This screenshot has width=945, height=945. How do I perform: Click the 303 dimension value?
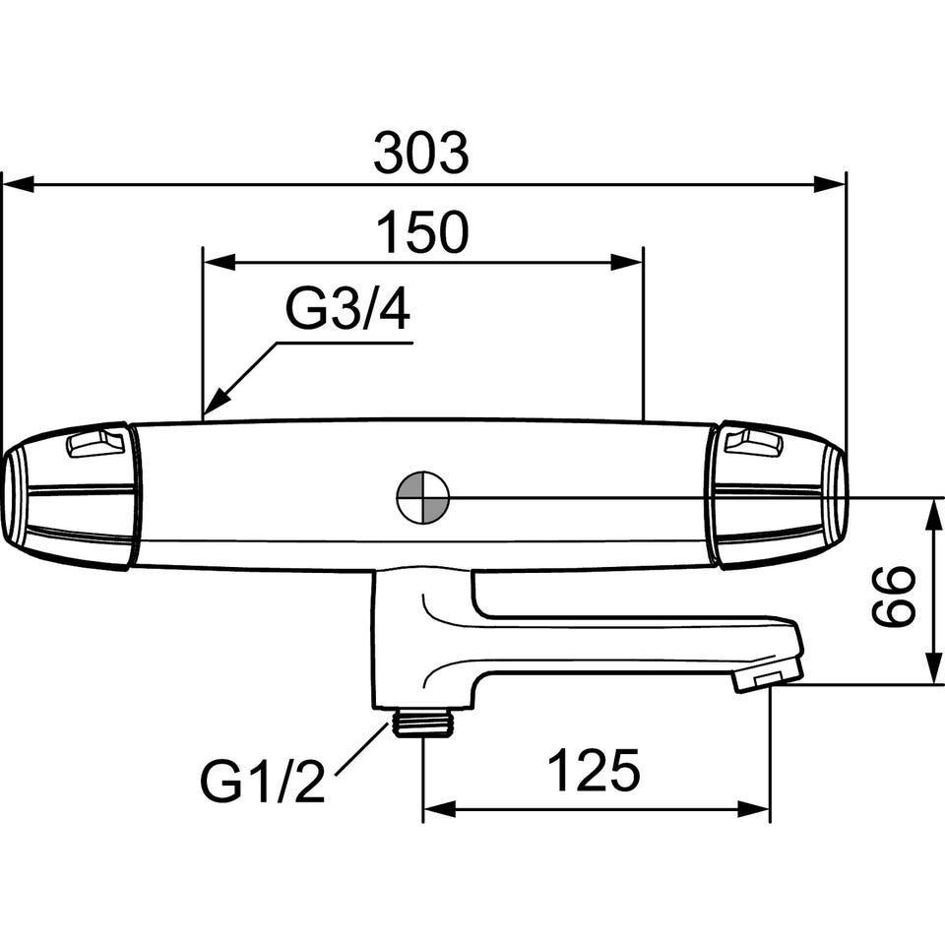(x=420, y=153)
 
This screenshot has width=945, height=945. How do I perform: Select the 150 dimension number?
(x=422, y=232)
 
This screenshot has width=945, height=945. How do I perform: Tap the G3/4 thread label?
(x=347, y=309)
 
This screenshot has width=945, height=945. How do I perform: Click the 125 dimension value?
(x=594, y=770)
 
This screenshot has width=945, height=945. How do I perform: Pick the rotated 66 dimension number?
(x=893, y=595)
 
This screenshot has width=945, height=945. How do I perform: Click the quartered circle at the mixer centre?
(x=423, y=498)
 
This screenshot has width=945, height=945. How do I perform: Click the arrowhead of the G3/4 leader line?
(x=217, y=402)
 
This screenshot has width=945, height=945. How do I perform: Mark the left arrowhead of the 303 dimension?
(x=19, y=184)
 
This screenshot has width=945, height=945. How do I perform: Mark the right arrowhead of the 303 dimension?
(x=829, y=184)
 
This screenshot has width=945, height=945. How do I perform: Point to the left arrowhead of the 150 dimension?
(x=219, y=262)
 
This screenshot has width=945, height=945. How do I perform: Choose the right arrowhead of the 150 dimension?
(x=627, y=262)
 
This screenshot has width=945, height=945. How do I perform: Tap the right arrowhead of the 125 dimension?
(x=753, y=809)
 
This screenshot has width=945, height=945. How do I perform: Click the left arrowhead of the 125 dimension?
(x=439, y=809)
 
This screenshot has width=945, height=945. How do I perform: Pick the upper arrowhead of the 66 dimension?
(x=933, y=514)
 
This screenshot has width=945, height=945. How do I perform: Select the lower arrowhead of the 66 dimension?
(x=933, y=667)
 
